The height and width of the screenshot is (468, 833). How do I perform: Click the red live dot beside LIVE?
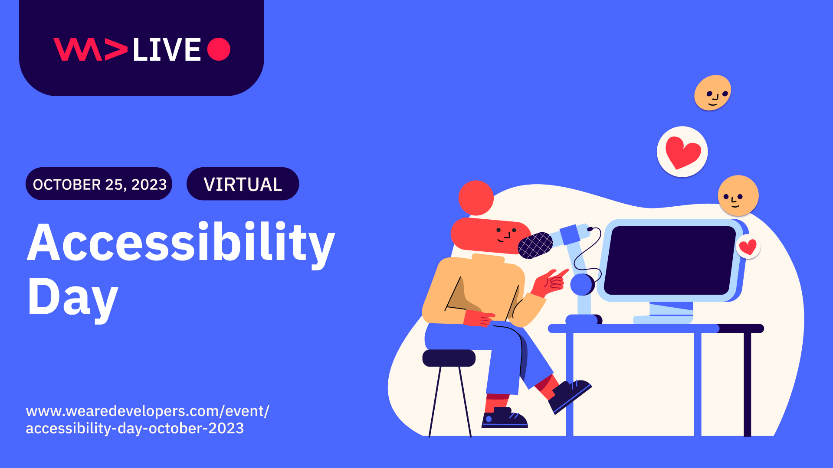pyautogui.click(x=219, y=49)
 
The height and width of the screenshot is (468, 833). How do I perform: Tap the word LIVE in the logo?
pyautogui.click(x=167, y=49)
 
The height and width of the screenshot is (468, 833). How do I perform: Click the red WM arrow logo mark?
pyautogui.click(x=90, y=49)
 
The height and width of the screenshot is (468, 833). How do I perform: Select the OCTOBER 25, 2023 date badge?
pyautogui.click(x=99, y=184)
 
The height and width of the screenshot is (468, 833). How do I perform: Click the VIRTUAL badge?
pyautogui.click(x=243, y=184)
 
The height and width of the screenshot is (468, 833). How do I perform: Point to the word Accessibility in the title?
pyautogui.click(x=181, y=244)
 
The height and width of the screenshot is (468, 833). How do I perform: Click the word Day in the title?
pyautogui.click(x=72, y=298)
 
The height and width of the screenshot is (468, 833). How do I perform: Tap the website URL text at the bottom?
pyautogui.click(x=148, y=419)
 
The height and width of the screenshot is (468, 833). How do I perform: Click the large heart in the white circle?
pyautogui.click(x=682, y=152)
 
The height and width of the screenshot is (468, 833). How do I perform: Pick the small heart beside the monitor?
pyautogui.click(x=748, y=247)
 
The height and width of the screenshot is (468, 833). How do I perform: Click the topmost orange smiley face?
pyautogui.click(x=712, y=93)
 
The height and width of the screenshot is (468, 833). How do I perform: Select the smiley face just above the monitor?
pyautogui.click(x=738, y=195)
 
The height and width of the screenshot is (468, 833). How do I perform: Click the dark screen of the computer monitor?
pyautogui.click(x=670, y=260)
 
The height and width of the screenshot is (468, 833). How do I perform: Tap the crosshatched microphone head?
pyautogui.click(x=535, y=245)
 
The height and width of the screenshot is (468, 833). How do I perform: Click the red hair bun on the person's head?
pyautogui.click(x=476, y=198)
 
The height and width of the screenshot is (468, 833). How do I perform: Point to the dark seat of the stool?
pyautogui.click(x=449, y=358)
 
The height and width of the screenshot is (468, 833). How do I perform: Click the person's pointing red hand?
pyautogui.click(x=551, y=282)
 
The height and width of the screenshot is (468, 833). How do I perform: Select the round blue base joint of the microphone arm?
pyautogui.click(x=582, y=284)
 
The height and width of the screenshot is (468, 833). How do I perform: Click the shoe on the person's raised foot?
pyautogui.click(x=570, y=395)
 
